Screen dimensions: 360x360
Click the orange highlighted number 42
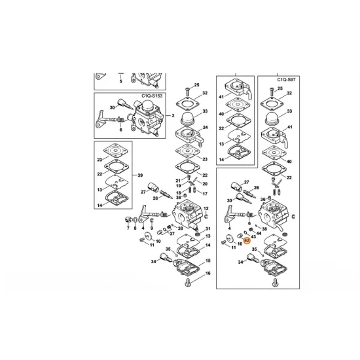[247, 241]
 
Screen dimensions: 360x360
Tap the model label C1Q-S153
[152, 96]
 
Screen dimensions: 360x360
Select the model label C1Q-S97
[286, 80]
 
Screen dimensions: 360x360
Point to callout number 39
[140, 175]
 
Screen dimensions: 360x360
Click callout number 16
[207, 273]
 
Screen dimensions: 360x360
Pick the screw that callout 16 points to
[188, 283]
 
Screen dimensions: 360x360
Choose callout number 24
[206, 128]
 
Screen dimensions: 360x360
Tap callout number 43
[254, 236]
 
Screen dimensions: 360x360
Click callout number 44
[259, 233]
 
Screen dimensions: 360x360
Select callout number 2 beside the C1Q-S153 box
[173, 115]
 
